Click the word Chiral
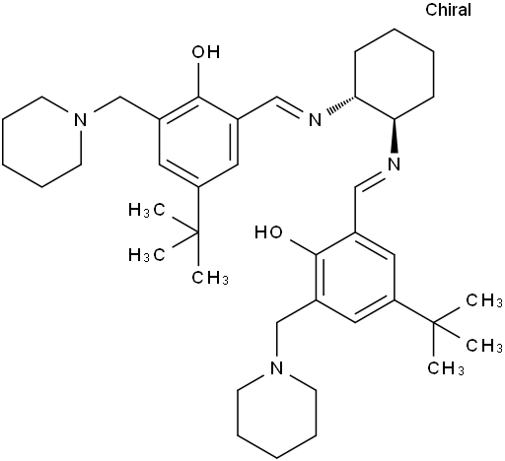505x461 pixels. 448,10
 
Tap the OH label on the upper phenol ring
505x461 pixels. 206,52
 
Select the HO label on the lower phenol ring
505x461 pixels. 268,232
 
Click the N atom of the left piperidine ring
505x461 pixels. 81,119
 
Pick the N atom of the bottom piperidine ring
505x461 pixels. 276,367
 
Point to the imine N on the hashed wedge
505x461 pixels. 315,119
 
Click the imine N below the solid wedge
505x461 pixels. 394,164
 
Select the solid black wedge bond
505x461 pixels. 395,136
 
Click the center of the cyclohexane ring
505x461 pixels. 395,74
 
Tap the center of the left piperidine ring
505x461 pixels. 41,142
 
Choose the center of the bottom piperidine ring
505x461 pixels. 277,413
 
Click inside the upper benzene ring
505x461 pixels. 198,142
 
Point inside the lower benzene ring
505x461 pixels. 355,277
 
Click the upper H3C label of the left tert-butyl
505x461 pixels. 146,210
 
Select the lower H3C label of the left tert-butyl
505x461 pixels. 146,255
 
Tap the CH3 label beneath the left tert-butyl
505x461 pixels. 210,278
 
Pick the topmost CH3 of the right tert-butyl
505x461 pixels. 484,301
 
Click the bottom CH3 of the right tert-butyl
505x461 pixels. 446,368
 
